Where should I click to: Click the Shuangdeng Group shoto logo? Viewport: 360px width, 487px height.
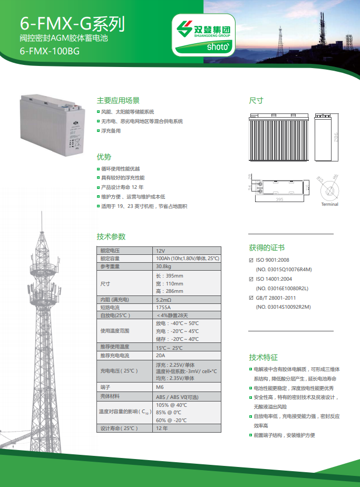(x=203, y=35)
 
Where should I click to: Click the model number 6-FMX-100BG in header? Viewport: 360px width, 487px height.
(x=50, y=51)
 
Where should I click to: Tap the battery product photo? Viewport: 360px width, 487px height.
(x=53, y=125)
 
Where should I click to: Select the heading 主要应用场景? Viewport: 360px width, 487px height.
(x=118, y=100)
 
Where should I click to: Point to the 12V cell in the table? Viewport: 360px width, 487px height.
(x=160, y=251)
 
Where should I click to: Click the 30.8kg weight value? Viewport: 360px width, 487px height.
(x=163, y=266)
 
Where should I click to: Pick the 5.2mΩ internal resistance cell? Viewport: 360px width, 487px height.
(x=163, y=300)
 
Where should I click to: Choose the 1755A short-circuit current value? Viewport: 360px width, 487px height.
(x=163, y=308)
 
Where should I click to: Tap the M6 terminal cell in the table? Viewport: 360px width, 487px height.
(x=160, y=387)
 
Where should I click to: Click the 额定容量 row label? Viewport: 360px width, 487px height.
(x=110, y=259)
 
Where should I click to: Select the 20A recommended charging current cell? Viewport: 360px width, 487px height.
(x=160, y=355)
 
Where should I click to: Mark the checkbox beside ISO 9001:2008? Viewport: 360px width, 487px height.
(x=251, y=260)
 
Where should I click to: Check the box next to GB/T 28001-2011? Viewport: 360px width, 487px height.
(x=251, y=298)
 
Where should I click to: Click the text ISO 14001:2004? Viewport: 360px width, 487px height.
(x=274, y=279)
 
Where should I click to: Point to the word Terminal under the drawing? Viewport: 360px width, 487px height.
(x=329, y=204)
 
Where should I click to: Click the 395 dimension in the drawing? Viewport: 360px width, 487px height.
(x=279, y=199)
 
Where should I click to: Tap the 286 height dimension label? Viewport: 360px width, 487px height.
(x=336, y=137)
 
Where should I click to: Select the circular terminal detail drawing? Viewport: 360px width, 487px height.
(x=329, y=190)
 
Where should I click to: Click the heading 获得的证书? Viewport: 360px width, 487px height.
(x=267, y=247)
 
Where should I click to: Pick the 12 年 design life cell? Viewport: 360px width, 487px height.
(x=162, y=428)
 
